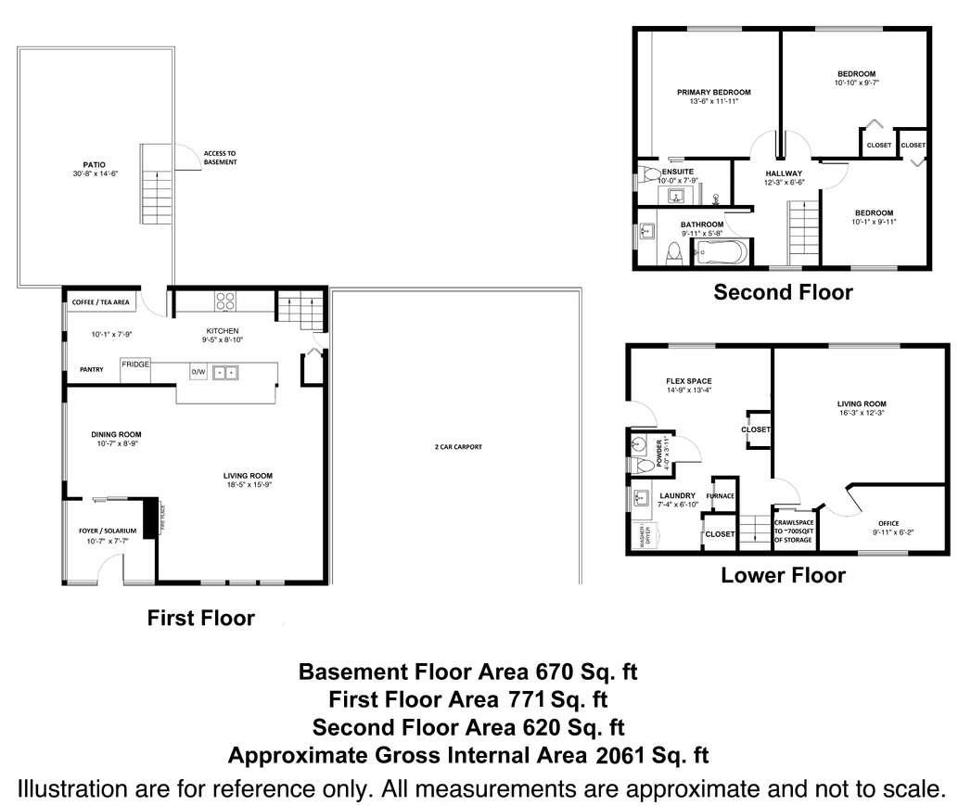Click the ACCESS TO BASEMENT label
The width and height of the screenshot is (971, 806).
pos(220,157)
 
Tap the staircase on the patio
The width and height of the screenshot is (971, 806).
pos(155,184)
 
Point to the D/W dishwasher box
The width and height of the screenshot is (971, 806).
pos(198,372)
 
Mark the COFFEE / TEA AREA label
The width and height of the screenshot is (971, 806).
pos(101,301)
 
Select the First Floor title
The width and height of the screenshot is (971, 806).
pos(200,618)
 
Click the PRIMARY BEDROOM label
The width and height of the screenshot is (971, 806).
pos(713,92)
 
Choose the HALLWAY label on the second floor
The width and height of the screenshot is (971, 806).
pos(783,173)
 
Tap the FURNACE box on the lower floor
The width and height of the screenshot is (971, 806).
pos(720,496)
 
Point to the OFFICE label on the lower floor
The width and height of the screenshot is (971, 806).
pos(888,523)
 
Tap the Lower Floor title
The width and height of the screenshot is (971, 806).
pos(783,575)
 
